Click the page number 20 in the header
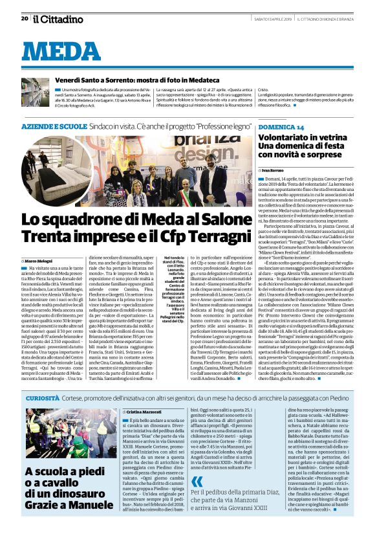point(24,19)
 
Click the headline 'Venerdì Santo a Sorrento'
point(110,79)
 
